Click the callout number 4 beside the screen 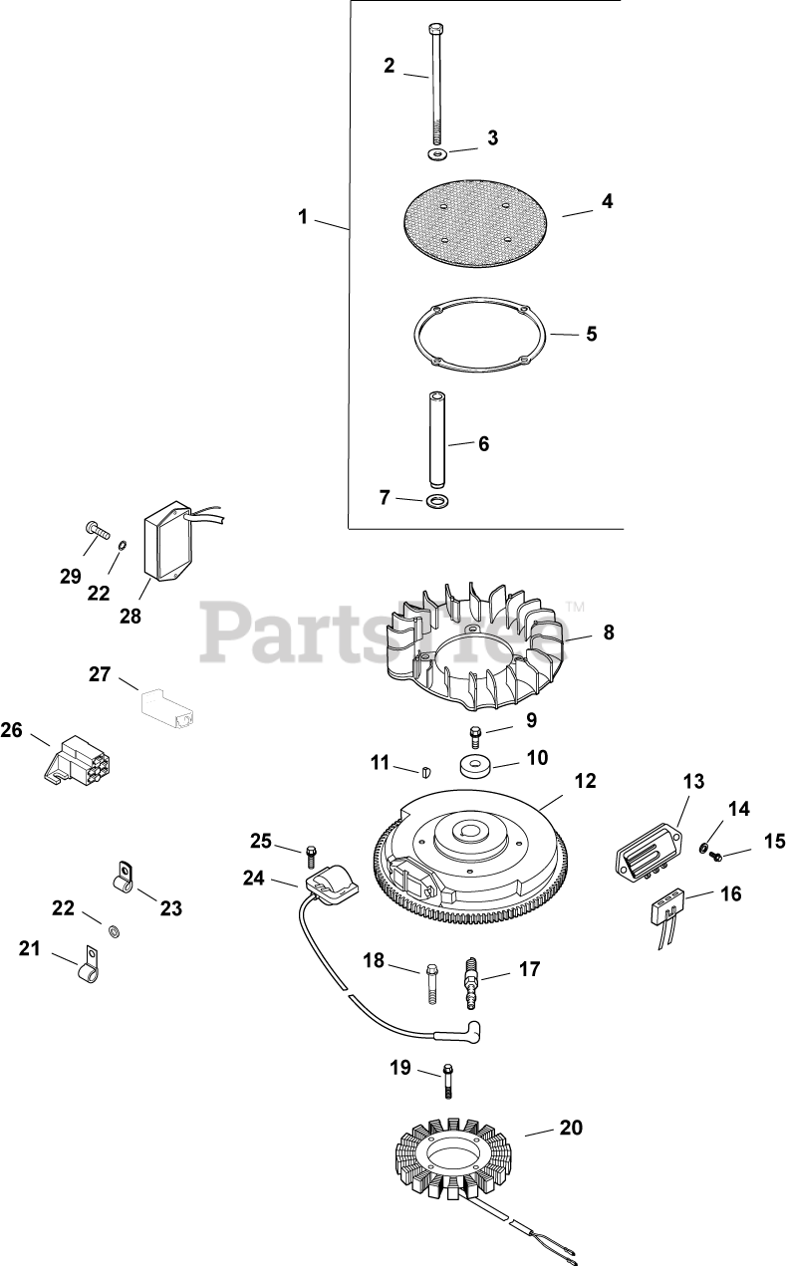[607, 201]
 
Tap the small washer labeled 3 [437, 154]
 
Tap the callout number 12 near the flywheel [585, 781]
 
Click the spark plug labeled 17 [470, 983]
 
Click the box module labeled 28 [166, 548]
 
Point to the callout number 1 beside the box [304, 216]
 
